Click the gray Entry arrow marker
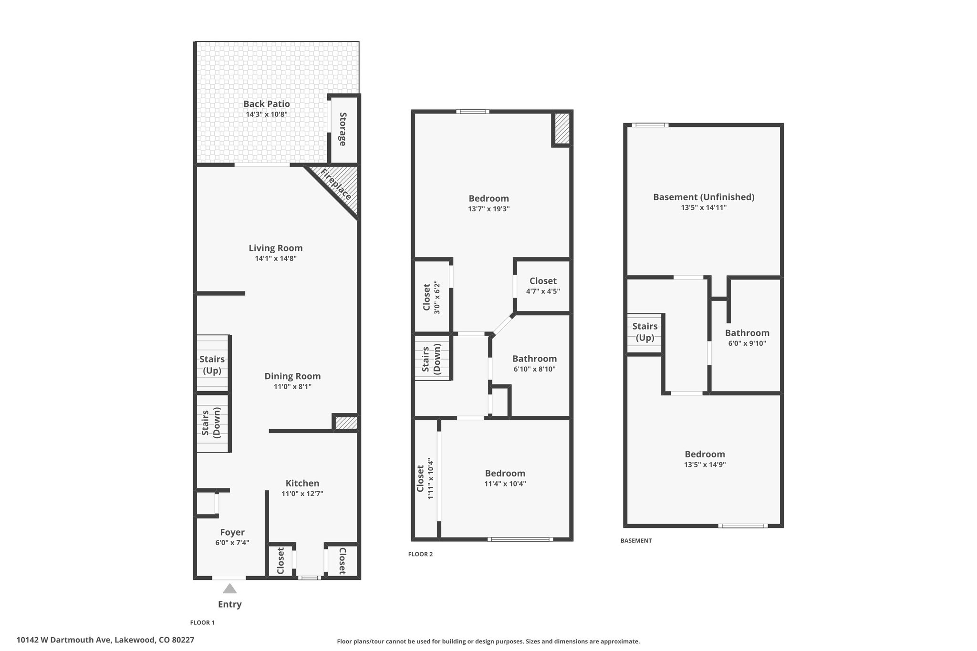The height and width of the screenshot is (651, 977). (229, 588)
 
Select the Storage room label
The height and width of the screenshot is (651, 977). (343, 129)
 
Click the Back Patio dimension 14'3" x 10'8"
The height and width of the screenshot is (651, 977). (267, 114)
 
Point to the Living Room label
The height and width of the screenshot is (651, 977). (276, 248)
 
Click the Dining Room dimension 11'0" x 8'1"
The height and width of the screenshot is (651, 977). (292, 386)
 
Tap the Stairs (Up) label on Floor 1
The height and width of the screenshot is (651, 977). (212, 365)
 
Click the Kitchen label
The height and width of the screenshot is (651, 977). (302, 483)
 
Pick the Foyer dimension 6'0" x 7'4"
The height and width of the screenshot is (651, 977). (232, 543)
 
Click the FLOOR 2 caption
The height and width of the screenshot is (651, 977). (420, 554)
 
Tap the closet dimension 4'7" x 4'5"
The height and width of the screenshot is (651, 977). (543, 291)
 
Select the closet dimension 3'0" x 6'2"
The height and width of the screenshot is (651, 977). (437, 297)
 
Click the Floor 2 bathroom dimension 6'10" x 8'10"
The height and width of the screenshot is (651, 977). (534, 369)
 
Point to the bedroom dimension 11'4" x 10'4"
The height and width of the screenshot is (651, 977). (505, 484)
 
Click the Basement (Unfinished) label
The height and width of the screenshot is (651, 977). (704, 197)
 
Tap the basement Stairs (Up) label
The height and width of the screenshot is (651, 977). (645, 332)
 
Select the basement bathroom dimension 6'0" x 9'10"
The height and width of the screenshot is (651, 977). (747, 343)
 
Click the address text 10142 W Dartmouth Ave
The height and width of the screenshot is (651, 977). (64, 640)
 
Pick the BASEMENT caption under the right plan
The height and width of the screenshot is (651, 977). (636, 541)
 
